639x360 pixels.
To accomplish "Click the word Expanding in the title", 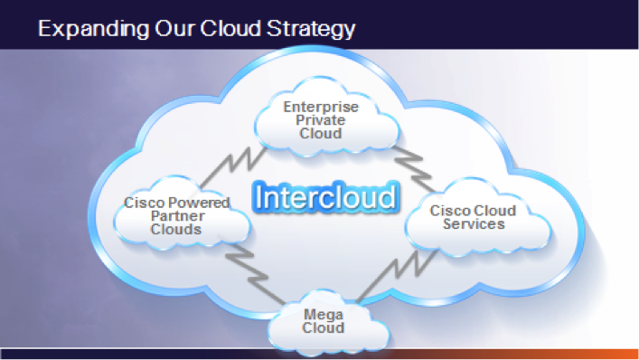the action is pos(94,29).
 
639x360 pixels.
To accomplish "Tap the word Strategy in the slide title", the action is pos(311,29).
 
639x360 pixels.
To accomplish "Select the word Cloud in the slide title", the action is pos(230,28).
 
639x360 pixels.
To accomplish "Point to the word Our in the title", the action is pos(174,29).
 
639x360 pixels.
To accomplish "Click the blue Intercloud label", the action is pos(325,197).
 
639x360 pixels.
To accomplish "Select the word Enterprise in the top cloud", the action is pos(321,107).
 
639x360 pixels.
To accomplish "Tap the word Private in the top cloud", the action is pos(320,120).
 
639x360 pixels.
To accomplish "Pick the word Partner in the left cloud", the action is pos(178,216).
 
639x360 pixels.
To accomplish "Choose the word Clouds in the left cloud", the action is pos(175,230).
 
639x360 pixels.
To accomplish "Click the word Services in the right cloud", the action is pos(474,224).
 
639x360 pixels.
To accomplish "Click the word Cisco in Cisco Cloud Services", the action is pos(447,211).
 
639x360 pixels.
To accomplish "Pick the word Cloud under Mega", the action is pos(324,327).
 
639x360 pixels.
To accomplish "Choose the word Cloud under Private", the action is pos(320,134).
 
